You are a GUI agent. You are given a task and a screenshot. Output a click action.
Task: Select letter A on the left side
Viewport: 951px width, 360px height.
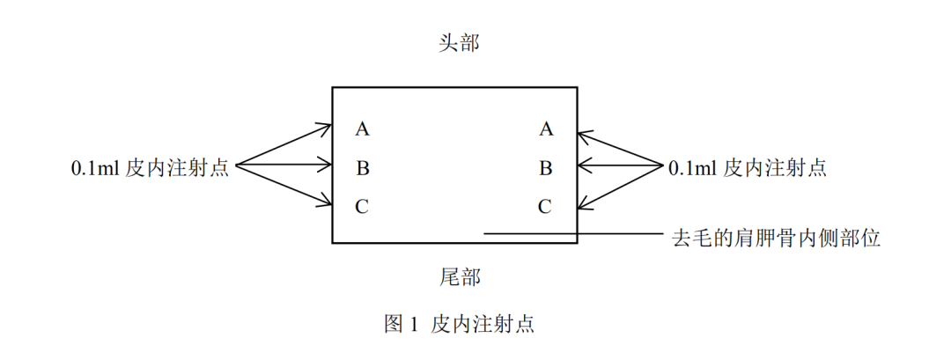(363, 129)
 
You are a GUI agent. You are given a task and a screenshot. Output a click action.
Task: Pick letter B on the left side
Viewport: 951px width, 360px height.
(363, 167)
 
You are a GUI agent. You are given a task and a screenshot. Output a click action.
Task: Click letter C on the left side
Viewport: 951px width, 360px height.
(362, 207)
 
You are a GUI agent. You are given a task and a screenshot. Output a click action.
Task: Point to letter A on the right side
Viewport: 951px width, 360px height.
(546, 129)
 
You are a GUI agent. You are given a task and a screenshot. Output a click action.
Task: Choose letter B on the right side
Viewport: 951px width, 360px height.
(546, 167)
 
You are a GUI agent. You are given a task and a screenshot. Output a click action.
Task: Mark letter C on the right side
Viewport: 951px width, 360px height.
(545, 207)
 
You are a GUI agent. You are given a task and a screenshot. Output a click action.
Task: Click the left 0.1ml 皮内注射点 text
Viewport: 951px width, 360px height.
(150, 167)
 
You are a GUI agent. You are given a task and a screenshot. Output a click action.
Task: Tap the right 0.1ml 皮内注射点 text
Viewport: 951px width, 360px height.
(748, 167)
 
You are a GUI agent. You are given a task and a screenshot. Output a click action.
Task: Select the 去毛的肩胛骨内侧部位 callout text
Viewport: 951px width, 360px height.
(776, 238)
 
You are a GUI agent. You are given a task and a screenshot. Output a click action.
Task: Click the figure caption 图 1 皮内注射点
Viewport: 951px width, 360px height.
(459, 324)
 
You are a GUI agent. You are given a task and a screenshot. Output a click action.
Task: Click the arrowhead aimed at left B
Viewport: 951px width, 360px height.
(325, 165)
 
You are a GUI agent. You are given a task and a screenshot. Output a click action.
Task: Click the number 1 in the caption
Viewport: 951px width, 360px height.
(415, 325)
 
